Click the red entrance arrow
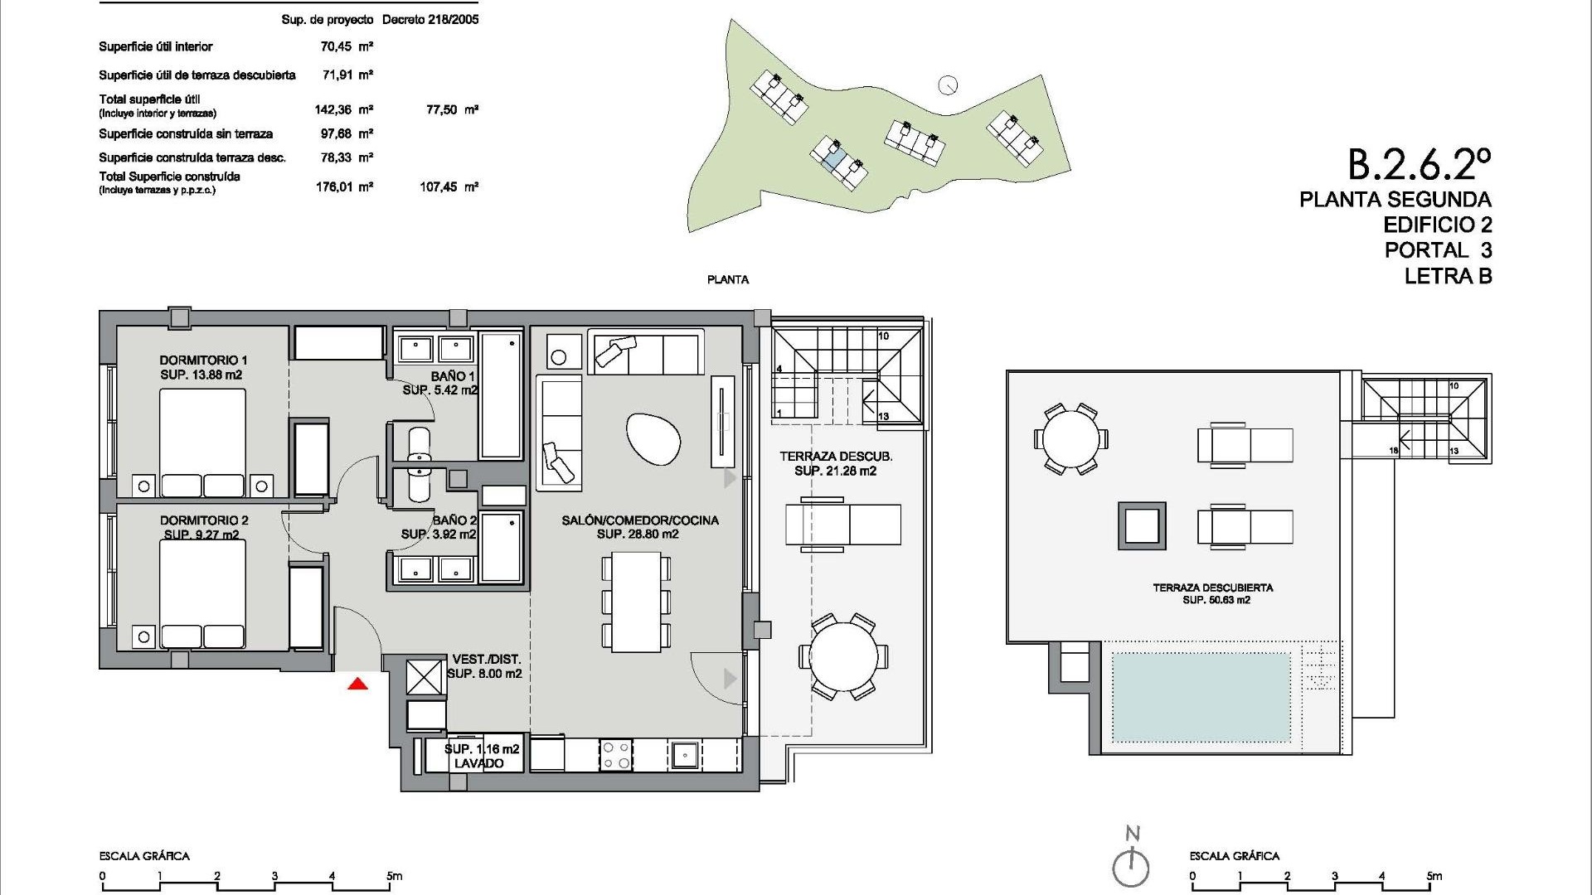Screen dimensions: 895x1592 (x=357, y=684)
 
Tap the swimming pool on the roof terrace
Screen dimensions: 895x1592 (x=1201, y=698)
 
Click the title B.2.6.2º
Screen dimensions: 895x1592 (x=1419, y=164)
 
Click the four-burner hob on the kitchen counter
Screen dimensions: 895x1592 (x=616, y=755)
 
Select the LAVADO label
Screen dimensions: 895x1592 (x=478, y=763)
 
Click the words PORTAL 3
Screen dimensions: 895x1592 (x=1437, y=249)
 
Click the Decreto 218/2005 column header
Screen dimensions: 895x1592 (x=430, y=19)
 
